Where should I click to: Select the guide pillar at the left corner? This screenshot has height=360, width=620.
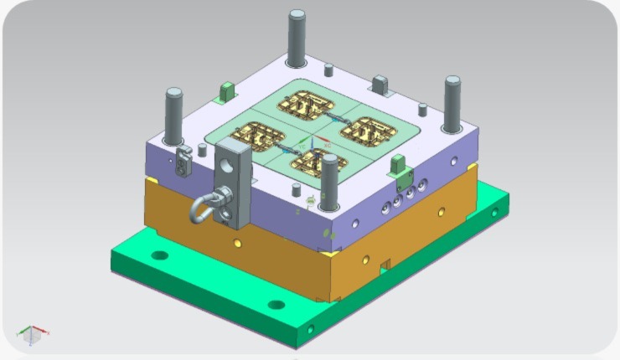click(174, 116)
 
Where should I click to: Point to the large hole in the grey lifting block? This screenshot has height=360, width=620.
click(226, 167)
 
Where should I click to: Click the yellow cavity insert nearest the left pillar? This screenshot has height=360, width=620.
click(255, 135)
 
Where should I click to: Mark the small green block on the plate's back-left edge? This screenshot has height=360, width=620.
click(225, 90)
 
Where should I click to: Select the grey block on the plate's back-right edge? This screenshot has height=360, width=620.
click(379, 84)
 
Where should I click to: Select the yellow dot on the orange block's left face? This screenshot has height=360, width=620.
click(238, 244)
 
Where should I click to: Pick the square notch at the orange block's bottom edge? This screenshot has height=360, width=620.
click(385, 265)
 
